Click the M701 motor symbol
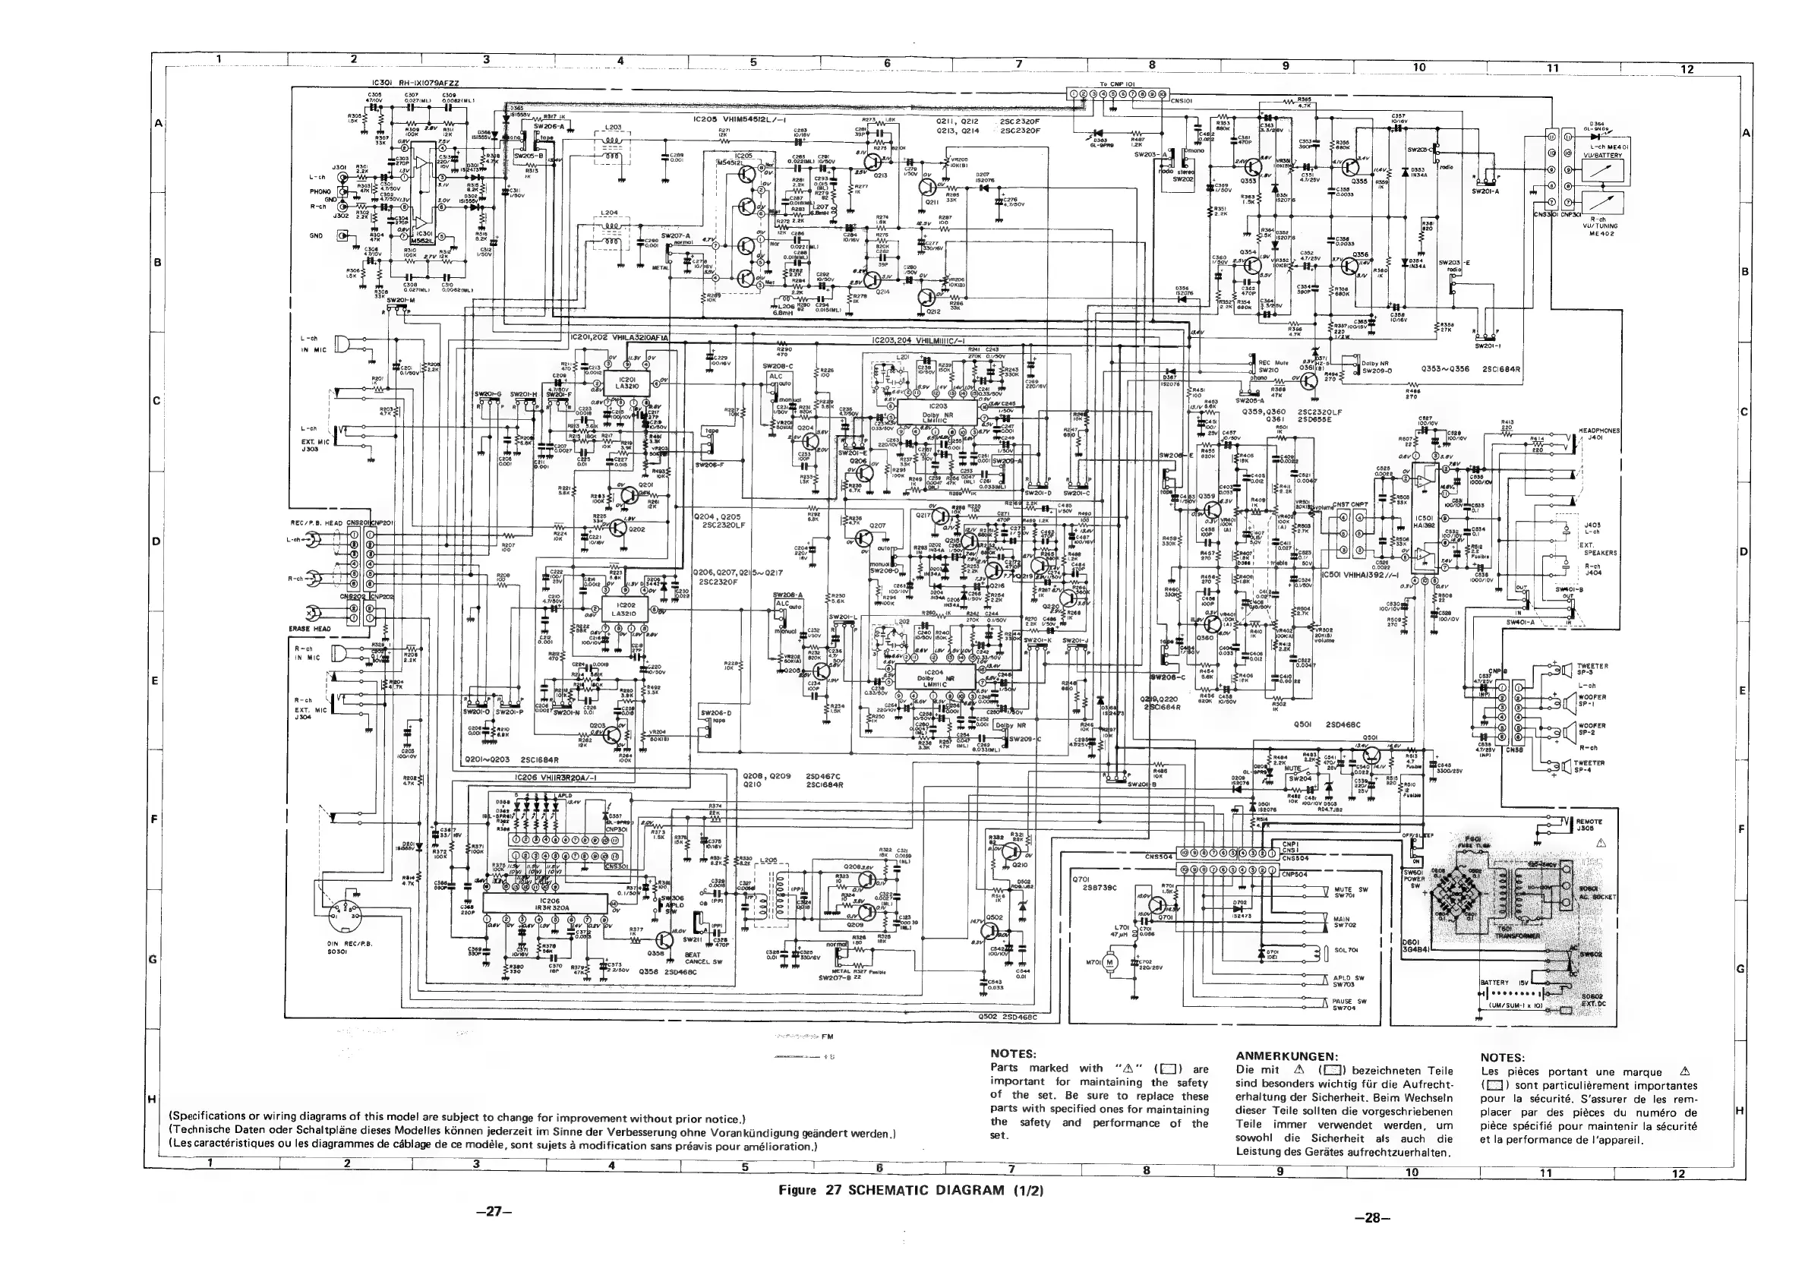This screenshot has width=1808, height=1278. coord(1112,962)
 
